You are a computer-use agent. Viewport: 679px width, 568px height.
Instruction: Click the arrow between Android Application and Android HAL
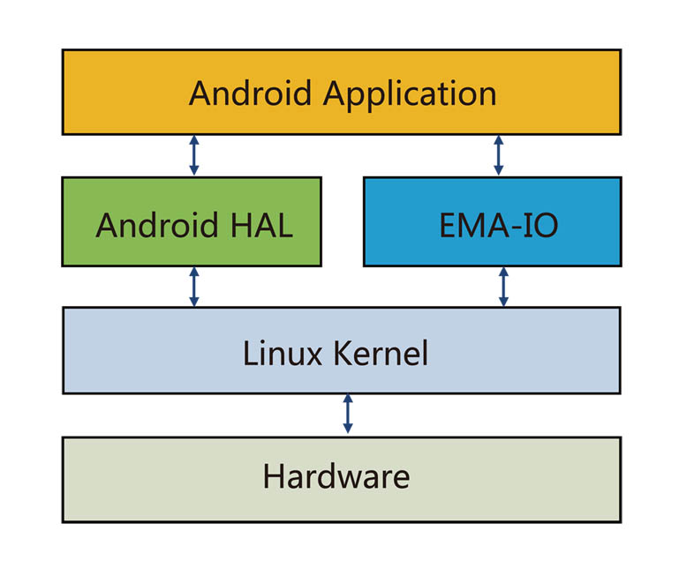point(194,155)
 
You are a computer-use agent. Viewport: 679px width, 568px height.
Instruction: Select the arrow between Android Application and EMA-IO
point(498,155)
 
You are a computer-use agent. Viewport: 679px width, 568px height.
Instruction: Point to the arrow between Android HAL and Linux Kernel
point(194,287)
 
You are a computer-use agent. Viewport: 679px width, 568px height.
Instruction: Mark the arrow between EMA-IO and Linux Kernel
point(503,287)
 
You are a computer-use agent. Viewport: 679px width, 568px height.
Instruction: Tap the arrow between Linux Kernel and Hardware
point(348,415)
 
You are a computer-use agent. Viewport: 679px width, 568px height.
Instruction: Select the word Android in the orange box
point(251,93)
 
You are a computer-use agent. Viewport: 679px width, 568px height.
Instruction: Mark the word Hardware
point(336,477)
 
